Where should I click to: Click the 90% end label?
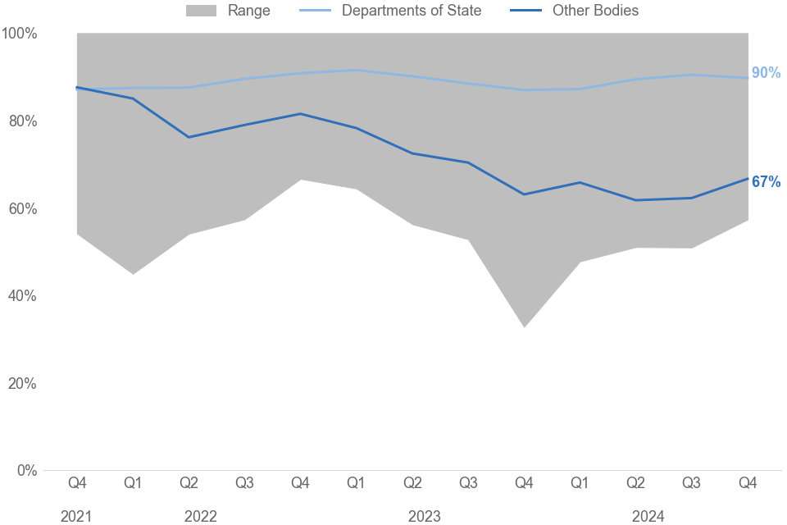point(766,73)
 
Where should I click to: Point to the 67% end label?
point(766,182)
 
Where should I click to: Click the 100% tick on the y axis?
point(19,34)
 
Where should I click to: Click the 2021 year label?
point(76,517)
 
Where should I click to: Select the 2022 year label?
point(201,517)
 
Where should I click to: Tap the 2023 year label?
point(425,517)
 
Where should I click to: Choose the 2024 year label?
point(648,517)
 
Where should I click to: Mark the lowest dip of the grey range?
point(524,326)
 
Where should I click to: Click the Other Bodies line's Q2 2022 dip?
point(189,137)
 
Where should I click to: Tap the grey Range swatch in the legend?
point(202,11)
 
